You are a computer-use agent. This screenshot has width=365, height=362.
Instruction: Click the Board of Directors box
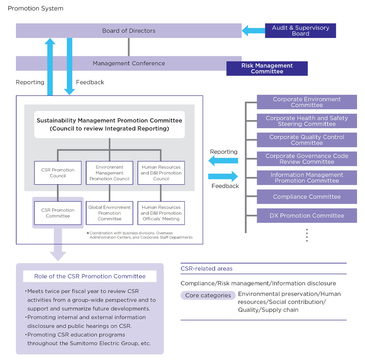click(129, 31)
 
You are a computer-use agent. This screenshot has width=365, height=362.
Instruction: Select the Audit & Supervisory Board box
click(300, 31)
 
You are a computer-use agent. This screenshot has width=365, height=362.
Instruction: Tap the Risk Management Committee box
click(267, 69)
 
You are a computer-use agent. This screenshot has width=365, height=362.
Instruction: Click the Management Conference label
click(129, 63)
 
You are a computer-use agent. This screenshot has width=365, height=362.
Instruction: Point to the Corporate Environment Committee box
click(307, 102)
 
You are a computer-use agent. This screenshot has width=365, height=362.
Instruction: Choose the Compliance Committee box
click(307, 197)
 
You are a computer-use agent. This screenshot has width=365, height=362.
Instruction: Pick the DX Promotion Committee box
click(307, 216)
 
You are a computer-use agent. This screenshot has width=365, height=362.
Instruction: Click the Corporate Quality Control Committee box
click(307, 140)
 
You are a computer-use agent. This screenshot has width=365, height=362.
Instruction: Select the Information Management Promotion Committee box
click(307, 178)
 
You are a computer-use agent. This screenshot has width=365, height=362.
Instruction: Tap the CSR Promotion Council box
click(58, 173)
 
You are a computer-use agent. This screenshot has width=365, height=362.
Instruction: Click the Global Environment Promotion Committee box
click(110, 213)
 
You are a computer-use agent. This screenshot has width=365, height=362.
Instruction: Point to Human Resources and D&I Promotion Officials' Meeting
click(161, 213)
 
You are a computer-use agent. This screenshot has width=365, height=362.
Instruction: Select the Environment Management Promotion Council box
click(110, 173)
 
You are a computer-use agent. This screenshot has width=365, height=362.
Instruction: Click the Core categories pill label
click(208, 295)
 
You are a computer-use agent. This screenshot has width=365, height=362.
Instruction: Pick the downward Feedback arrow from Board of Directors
click(69, 68)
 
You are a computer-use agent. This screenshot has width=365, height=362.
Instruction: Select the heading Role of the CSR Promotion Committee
click(90, 276)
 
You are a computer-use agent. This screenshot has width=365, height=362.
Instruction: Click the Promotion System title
click(35, 8)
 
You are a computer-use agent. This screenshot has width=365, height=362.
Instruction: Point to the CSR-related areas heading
click(206, 269)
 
